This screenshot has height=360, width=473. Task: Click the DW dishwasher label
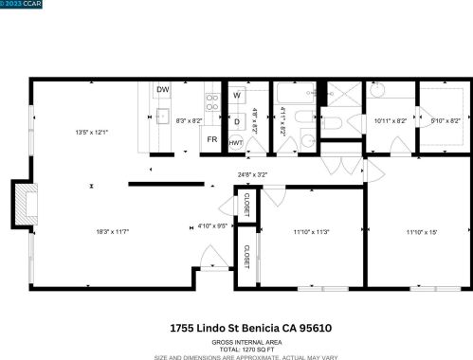click(x=163, y=90)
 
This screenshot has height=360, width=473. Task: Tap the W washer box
click(x=236, y=96)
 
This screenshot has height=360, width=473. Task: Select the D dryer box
click(x=236, y=121)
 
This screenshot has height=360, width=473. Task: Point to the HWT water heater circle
click(x=236, y=141)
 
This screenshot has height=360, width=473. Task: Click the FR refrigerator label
click(x=213, y=140)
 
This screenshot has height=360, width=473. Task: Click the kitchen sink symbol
click(x=161, y=117)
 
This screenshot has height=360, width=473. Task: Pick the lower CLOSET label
click(x=246, y=256)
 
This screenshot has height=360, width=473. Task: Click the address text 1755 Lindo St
click(x=218, y=328)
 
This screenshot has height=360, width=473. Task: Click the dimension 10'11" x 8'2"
click(x=390, y=121)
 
